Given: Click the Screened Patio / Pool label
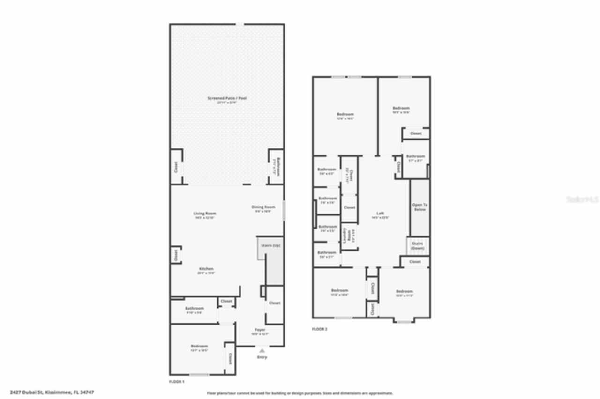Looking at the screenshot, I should pos(227,98).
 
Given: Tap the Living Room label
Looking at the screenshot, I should pos(205,214).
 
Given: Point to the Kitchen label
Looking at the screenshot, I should pos(206,269).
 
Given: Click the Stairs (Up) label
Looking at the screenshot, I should pos(271,245).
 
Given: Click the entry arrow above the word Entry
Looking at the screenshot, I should pos(262,350).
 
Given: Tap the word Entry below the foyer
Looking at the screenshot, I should pos(262,357).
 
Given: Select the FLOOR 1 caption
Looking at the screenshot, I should pos(177,382).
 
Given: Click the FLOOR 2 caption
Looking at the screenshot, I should pos(320,329).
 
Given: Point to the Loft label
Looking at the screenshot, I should pos(380,214).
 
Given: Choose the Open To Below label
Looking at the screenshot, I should pos(420,207).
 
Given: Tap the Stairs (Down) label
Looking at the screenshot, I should pos(418,245).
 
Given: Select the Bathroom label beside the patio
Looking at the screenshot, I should pos(277,166).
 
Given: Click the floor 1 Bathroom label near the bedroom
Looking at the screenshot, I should pos(194,308).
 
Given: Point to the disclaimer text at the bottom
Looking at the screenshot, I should pos(300,393).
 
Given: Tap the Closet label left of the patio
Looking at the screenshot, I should pos(176,166).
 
